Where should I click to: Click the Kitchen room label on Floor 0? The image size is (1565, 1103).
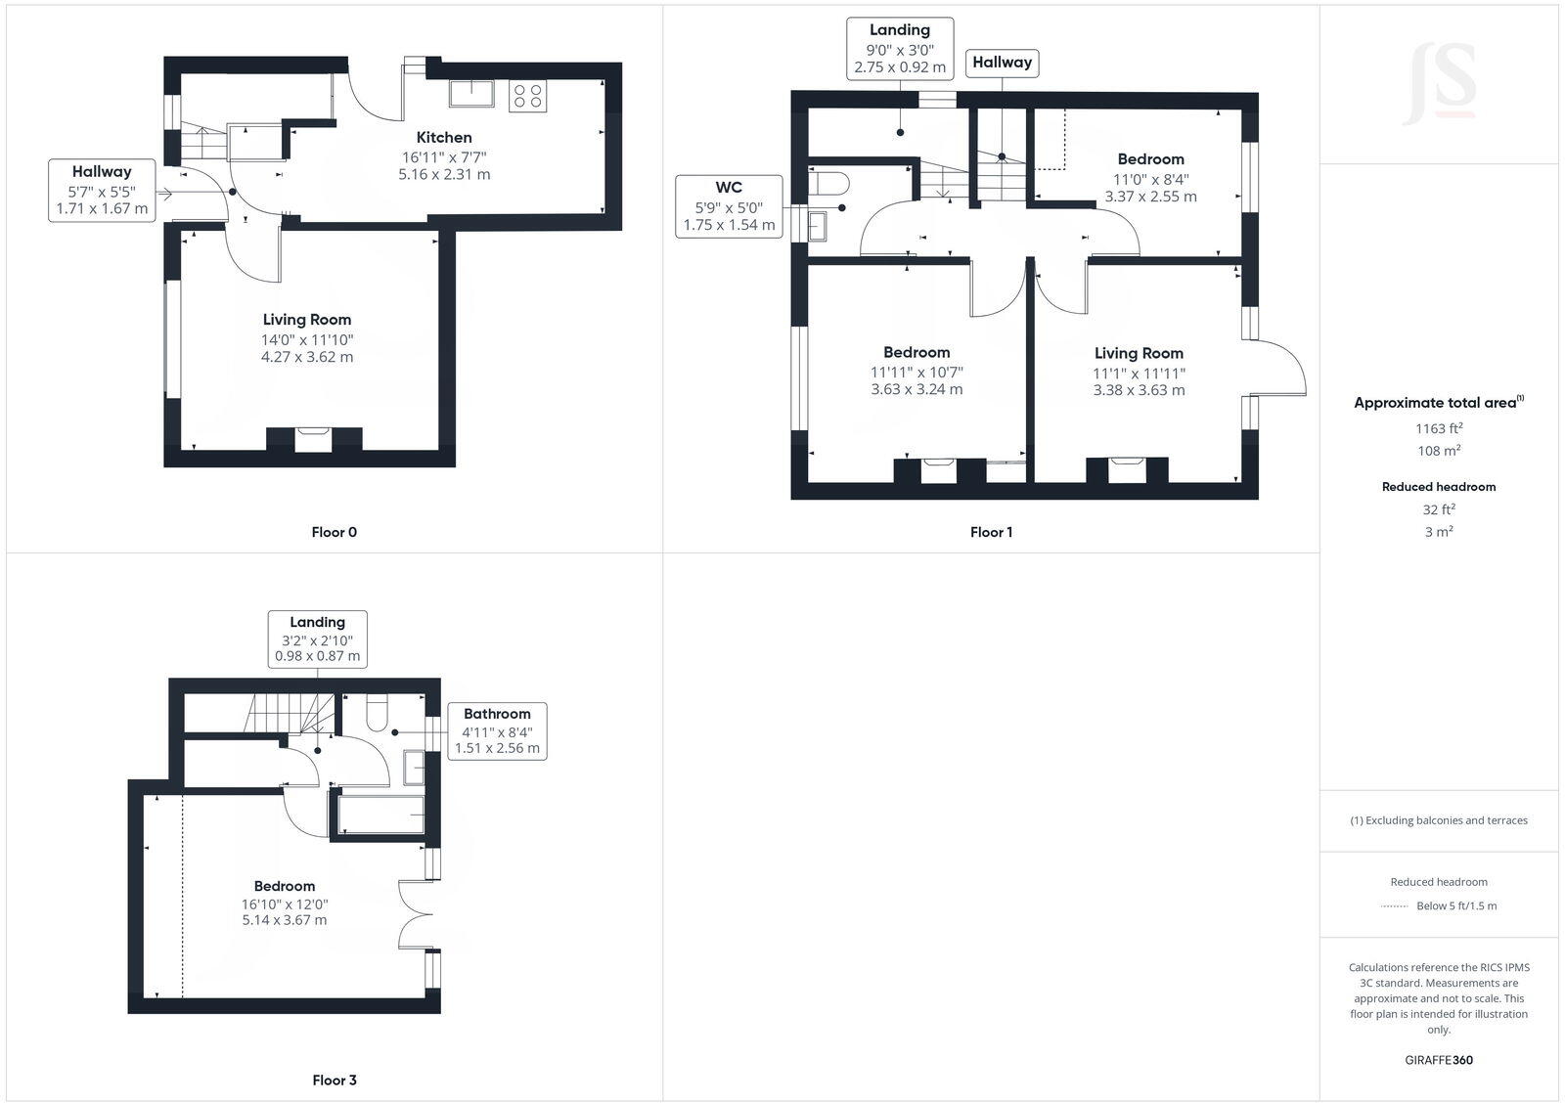coord(444,138)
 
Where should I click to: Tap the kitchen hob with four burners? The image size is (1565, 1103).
coord(528,96)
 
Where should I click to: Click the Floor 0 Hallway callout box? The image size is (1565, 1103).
coord(102,190)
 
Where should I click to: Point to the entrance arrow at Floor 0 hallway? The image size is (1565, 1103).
coord(163,194)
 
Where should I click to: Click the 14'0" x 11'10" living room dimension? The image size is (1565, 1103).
coord(307,340)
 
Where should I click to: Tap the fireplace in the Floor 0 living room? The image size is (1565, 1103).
coord(314,439)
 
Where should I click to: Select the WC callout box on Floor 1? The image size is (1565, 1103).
coord(729,205)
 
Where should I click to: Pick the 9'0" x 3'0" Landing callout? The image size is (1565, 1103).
coord(900,49)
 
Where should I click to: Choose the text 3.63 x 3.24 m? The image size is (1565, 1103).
coord(917,389)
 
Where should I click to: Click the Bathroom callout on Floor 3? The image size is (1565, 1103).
coord(497,730)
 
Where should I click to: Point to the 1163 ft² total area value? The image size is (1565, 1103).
coord(1439,428)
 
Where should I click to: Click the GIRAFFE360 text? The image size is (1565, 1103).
coord(1439,1060)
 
